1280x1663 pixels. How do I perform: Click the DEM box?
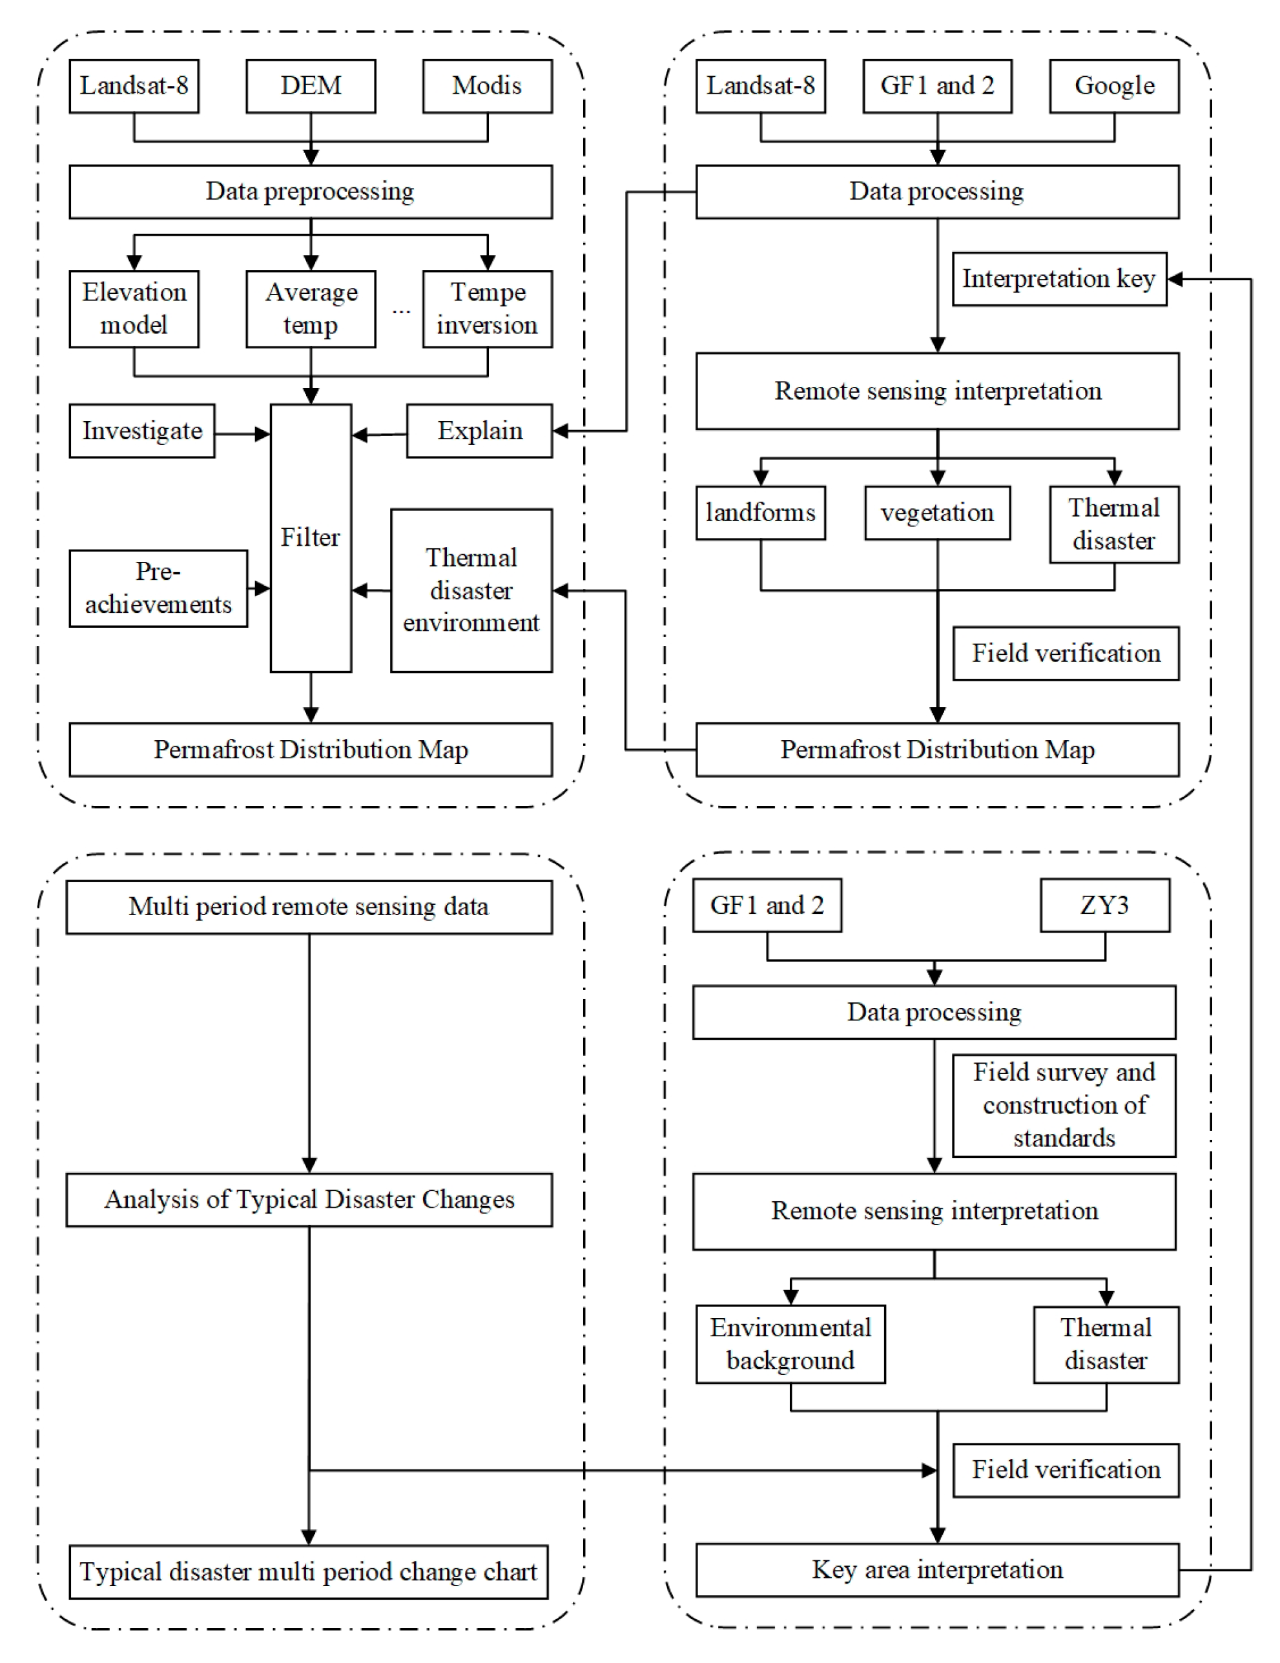click(x=311, y=86)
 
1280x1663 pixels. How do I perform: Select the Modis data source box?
click(x=488, y=86)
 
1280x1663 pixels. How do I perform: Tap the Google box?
click(x=1114, y=86)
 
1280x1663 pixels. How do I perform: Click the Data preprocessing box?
click(x=311, y=192)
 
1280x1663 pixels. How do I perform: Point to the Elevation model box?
click(x=134, y=309)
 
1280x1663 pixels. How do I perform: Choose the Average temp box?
click(x=311, y=309)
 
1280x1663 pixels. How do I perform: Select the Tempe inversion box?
click(x=488, y=309)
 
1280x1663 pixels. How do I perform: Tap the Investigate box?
click(x=141, y=431)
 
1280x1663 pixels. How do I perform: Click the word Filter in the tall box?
click(x=310, y=537)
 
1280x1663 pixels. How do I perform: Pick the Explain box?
click(x=480, y=431)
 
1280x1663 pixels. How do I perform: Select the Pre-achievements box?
click(x=158, y=588)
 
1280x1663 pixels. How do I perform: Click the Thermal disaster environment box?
click(x=471, y=590)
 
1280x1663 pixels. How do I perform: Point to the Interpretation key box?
click(x=1059, y=280)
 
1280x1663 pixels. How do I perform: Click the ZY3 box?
click(x=1105, y=905)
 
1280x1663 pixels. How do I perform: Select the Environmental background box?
click(x=790, y=1344)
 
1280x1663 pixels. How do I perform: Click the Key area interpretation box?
click(x=937, y=1569)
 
